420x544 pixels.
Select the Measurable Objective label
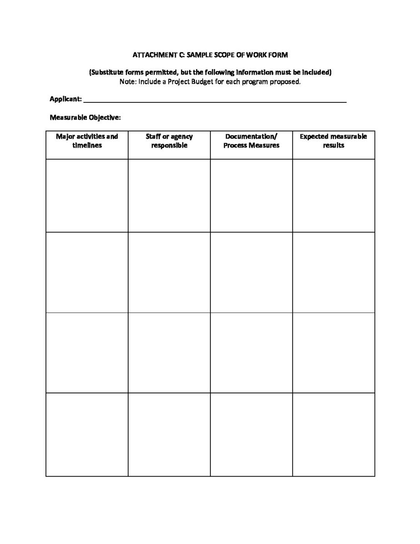(85, 117)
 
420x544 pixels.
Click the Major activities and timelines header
(87, 141)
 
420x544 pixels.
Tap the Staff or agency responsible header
(169, 141)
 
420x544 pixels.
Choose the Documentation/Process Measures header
(251, 141)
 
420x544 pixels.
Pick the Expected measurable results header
(333, 141)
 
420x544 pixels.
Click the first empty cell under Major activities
(87, 195)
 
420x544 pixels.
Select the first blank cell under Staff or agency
(169, 195)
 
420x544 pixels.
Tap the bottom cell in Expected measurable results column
(334, 434)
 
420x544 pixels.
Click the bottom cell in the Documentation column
(251, 434)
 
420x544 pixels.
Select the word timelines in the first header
(87, 146)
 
